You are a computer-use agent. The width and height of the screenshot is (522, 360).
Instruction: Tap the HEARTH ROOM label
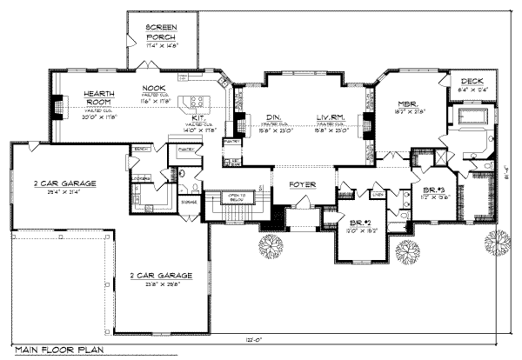tap(101, 98)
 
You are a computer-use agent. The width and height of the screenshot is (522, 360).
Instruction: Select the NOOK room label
tap(154, 88)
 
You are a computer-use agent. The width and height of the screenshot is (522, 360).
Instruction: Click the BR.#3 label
tap(433, 190)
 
